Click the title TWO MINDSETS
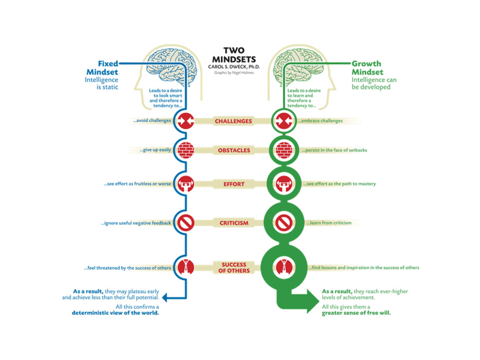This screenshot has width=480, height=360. (234, 55)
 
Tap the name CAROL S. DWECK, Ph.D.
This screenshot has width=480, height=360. (234, 67)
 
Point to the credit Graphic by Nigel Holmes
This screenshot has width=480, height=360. (234, 73)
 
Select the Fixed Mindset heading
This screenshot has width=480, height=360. (102, 67)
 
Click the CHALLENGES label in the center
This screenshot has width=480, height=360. (233, 121)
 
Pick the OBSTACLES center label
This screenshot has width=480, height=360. (234, 150)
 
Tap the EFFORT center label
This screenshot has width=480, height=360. (234, 184)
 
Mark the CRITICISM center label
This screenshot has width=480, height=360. (234, 223)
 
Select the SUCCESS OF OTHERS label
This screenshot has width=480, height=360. (234, 268)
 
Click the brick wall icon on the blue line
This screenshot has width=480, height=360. (186, 150)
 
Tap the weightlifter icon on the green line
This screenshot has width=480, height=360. (284, 184)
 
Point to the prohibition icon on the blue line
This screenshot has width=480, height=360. (186, 223)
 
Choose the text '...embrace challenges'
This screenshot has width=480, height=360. (320, 121)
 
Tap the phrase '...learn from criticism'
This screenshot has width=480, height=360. (329, 223)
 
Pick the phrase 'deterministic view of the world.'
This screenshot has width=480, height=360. (115, 313)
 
